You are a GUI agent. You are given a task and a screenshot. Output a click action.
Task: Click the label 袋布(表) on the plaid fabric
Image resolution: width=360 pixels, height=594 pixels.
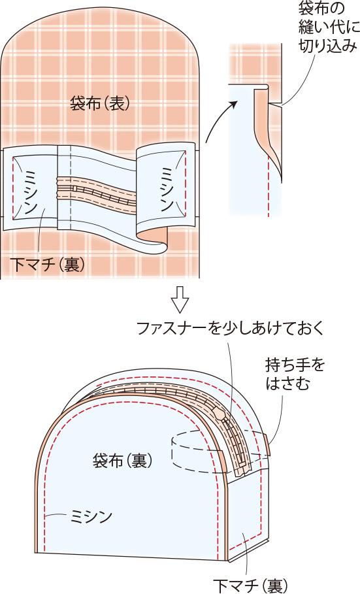click(x=100, y=103)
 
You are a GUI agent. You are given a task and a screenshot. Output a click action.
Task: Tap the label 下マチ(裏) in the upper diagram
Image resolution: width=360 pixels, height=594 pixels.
click(x=47, y=265)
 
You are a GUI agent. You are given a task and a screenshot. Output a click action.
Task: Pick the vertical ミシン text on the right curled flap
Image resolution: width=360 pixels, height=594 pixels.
click(x=166, y=189)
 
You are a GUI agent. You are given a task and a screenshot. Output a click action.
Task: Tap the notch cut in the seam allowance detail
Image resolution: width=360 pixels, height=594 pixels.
click(x=274, y=104)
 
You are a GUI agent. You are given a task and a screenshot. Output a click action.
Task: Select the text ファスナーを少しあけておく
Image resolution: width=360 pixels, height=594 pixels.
click(x=231, y=328)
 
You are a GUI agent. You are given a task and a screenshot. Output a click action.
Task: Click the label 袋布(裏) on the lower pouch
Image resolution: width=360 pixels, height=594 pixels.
click(x=122, y=461)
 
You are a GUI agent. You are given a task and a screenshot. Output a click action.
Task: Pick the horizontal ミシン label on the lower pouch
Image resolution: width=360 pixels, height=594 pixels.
click(x=91, y=516)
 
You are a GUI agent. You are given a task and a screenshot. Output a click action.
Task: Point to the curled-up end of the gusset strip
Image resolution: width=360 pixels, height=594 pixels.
click(x=154, y=242)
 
